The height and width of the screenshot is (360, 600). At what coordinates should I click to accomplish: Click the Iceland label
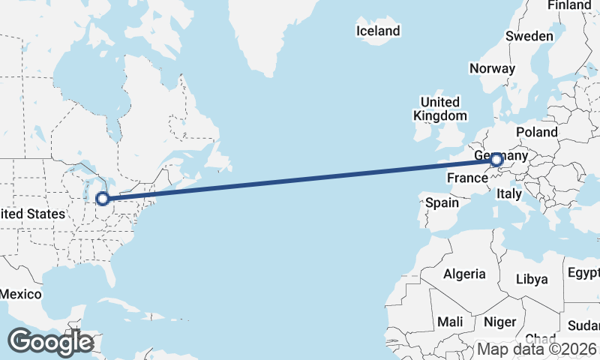coord(378,31)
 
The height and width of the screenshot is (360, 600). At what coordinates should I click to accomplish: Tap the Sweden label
coord(529,36)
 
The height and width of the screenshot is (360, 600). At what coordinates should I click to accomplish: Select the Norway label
coord(492,68)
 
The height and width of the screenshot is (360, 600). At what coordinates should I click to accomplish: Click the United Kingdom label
coord(440,109)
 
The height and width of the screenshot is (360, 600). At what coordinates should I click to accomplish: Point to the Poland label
coord(536,132)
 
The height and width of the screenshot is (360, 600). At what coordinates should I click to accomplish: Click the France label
coord(467,178)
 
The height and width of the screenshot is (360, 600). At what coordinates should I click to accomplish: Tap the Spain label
coord(442,202)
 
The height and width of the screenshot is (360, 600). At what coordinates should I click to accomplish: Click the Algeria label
coord(464,274)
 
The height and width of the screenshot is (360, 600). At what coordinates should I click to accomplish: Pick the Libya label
coord(532,279)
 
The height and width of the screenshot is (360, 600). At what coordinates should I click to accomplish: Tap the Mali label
coord(450,322)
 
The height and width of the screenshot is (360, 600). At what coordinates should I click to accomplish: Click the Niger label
coord(500,322)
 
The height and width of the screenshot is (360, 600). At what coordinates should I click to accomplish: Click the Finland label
coord(569,5)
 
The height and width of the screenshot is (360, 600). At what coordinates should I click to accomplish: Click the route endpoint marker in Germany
coord(496,159)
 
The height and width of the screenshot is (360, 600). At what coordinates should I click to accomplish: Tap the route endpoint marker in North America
coord(103,199)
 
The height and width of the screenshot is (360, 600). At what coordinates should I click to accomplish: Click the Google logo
coord(51,342)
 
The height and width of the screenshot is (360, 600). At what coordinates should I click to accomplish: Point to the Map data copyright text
coord(538,349)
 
